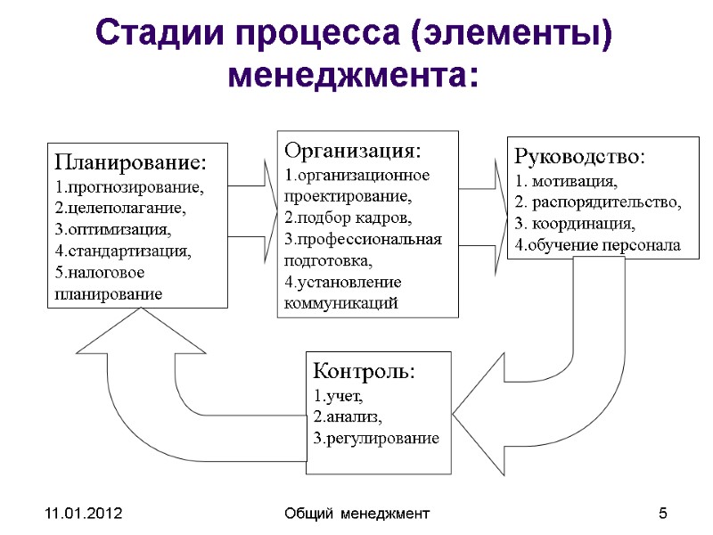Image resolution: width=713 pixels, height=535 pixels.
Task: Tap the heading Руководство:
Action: click(x=578, y=156)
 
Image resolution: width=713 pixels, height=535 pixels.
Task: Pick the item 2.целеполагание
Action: click(x=120, y=209)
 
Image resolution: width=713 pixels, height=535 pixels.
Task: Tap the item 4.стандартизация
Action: click(x=123, y=251)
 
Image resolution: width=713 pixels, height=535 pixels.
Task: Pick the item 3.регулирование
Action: click(x=376, y=438)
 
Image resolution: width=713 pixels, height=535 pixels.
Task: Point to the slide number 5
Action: click(x=662, y=514)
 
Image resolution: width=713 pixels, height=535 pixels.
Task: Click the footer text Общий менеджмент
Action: click(x=356, y=514)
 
